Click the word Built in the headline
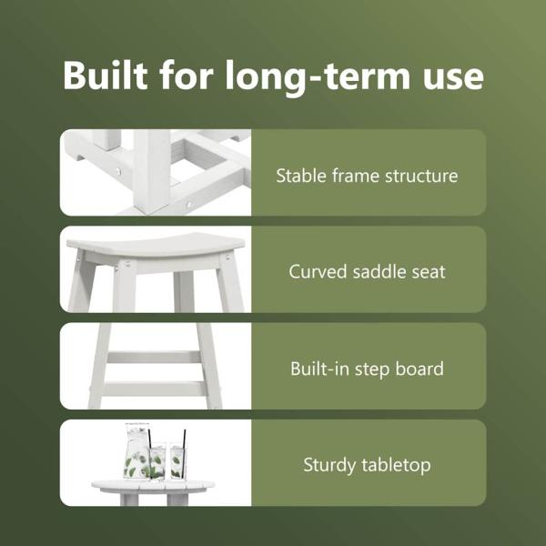tap(106, 76)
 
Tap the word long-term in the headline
tap(318, 77)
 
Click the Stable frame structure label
tap(367, 176)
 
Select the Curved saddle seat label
tap(367, 271)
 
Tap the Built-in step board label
tap(367, 369)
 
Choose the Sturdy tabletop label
tap(367, 465)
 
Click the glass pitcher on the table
tap(137, 451)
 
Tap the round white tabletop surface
tap(153, 486)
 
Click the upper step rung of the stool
tap(155, 358)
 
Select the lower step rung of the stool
tap(155, 389)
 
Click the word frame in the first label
tap(356, 176)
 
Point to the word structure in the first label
tap(421, 177)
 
